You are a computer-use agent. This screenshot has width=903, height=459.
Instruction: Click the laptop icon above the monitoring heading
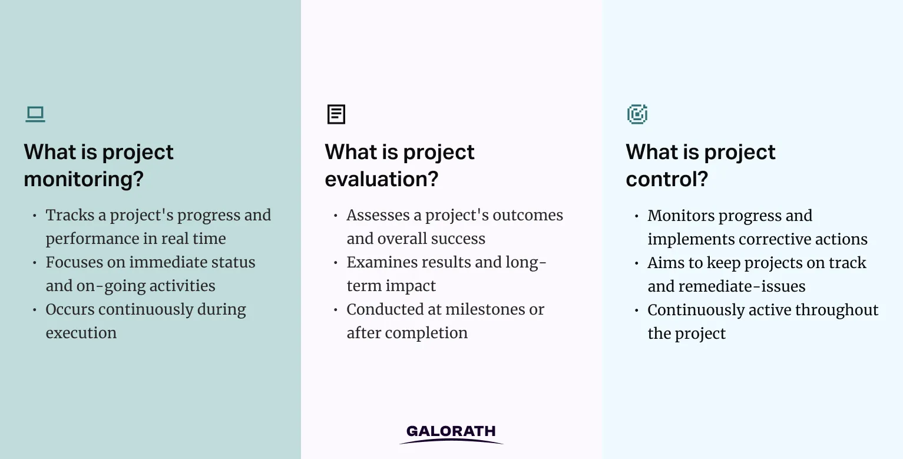pyautogui.click(x=35, y=114)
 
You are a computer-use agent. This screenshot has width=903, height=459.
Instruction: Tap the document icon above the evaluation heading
pyautogui.click(x=336, y=114)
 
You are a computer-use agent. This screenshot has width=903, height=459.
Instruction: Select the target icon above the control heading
pyautogui.click(x=637, y=114)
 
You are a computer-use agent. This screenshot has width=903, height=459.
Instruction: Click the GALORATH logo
pyautogui.click(x=451, y=434)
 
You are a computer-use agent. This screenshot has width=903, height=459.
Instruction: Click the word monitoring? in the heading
pyautogui.click(x=84, y=179)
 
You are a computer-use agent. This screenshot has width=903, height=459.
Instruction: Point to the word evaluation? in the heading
pyautogui.click(x=381, y=179)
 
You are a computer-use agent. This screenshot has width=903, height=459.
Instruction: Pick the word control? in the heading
pyautogui.click(x=667, y=179)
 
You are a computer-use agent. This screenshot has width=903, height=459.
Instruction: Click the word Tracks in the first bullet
pyautogui.click(x=70, y=216)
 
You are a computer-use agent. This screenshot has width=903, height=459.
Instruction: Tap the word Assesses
pyautogui.click(x=378, y=216)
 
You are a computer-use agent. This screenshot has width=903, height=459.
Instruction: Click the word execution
pyautogui.click(x=81, y=333)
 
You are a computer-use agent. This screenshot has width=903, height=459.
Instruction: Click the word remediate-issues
pyautogui.click(x=742, y=286)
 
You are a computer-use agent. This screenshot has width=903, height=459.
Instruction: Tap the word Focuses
pyautogui.click(x=74, y=263)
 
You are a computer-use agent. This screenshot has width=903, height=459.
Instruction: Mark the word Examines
pyautogui.click(x=378, y=263)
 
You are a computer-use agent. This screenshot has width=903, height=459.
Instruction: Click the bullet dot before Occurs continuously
pyautogui.click(x=35, y=310)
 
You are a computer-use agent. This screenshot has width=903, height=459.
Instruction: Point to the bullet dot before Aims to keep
pyautogui.click(x=637, y=263)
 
